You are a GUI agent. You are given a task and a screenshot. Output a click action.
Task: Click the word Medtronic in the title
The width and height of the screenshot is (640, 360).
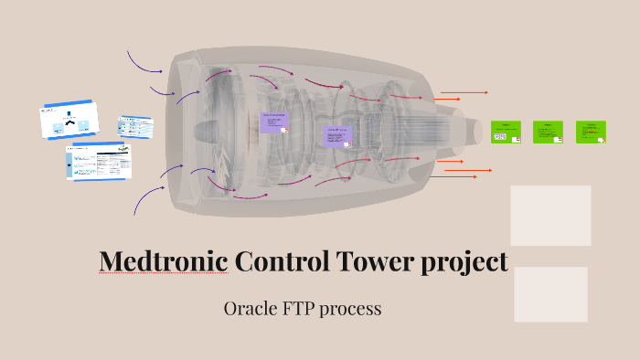click(164, 262)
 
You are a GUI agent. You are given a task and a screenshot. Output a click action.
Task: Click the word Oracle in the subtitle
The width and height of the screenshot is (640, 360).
click(250, 309)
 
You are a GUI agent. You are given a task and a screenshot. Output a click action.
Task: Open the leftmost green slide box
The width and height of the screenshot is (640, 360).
click(506, 132)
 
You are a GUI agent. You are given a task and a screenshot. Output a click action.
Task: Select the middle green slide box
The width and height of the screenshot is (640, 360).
click(548, 132)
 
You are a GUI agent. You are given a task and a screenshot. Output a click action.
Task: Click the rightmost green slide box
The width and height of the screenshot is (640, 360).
click(591, 132)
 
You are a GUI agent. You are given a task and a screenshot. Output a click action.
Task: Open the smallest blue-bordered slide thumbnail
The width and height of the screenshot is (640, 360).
click(134, 125)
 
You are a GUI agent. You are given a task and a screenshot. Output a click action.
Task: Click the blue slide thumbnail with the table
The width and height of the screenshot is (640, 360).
click(98, 162)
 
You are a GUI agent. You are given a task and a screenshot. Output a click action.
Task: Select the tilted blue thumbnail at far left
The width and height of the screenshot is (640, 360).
click(69, 120)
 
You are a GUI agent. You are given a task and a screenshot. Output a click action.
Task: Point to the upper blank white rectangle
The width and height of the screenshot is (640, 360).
click(550, 215)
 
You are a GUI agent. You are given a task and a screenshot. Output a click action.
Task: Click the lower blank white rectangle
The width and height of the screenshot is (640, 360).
click(550, 294)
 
